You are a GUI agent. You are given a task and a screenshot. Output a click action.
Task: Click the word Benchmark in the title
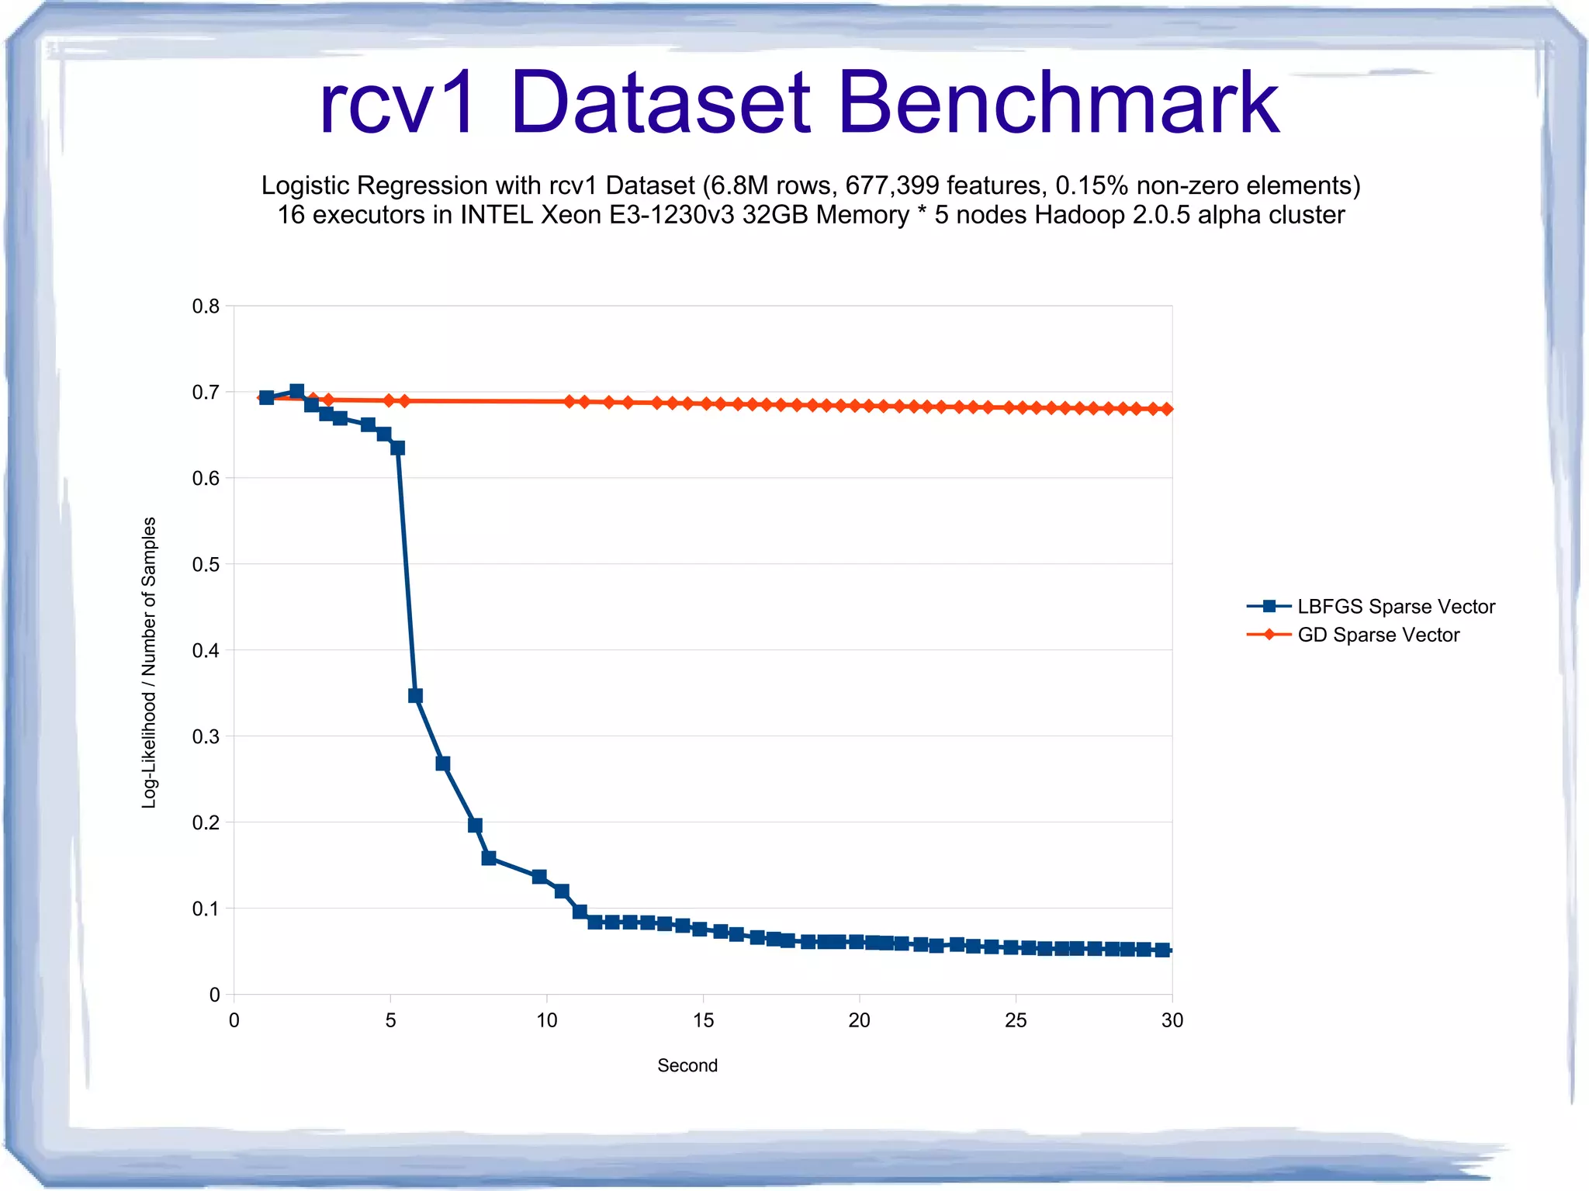[x=1058, y=103]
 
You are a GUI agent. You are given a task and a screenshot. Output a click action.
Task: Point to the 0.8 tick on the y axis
[x=206, y=306]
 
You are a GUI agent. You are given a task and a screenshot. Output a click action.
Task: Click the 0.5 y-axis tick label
[x=206, y=564]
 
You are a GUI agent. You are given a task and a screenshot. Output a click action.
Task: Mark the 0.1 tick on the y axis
[x=206, y=909]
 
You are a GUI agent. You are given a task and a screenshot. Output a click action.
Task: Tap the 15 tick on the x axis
[x=703, y=1020]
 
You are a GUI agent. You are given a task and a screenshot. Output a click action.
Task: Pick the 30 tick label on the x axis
[x=1172, y=1020]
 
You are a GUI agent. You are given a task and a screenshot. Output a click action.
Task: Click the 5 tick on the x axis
[x=391, y=1020]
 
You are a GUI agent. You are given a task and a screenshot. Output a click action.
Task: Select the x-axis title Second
[x=687, y=1065]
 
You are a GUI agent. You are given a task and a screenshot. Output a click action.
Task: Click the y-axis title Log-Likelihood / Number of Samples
[x=149, y=663]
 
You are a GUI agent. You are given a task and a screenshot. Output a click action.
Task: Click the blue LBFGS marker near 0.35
[x=415, y=696]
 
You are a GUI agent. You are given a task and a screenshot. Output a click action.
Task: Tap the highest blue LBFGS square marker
[x=296, y=391]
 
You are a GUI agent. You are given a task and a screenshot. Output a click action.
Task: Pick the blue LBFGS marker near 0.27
[x=443, y=763]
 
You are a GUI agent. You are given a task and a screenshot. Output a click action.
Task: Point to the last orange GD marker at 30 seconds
[x=1167, y=409]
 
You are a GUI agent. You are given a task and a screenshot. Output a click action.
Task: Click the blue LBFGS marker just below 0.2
[x=476, y=825]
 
